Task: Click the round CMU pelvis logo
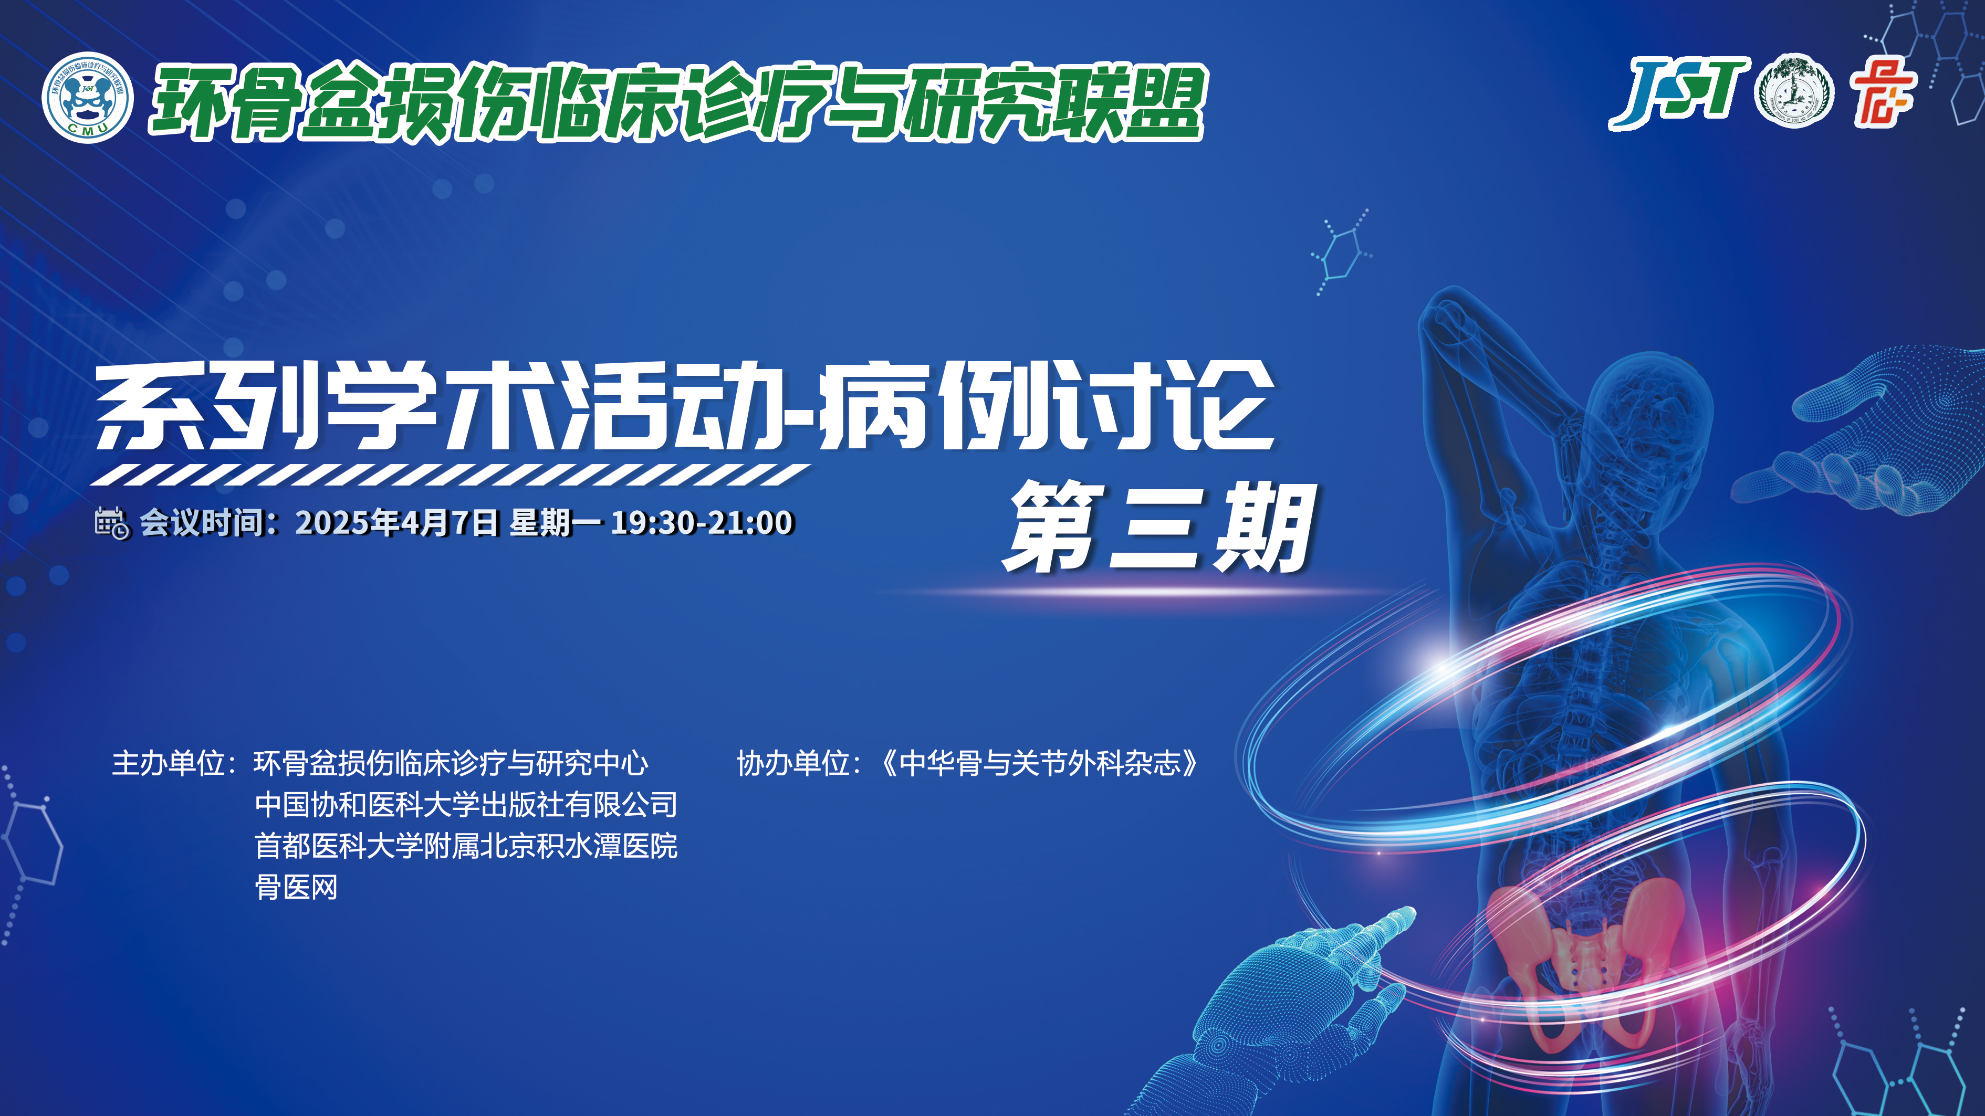(x=87, y=98)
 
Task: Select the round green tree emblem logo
(x=1793, y=91)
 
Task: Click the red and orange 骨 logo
(x=1883, y=92)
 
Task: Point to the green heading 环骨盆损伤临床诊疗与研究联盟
(x=678, y=102)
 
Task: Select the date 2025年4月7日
(x=397, y=523)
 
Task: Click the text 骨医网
(x=297, y=887)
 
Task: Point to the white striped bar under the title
(x=451, y=475)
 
